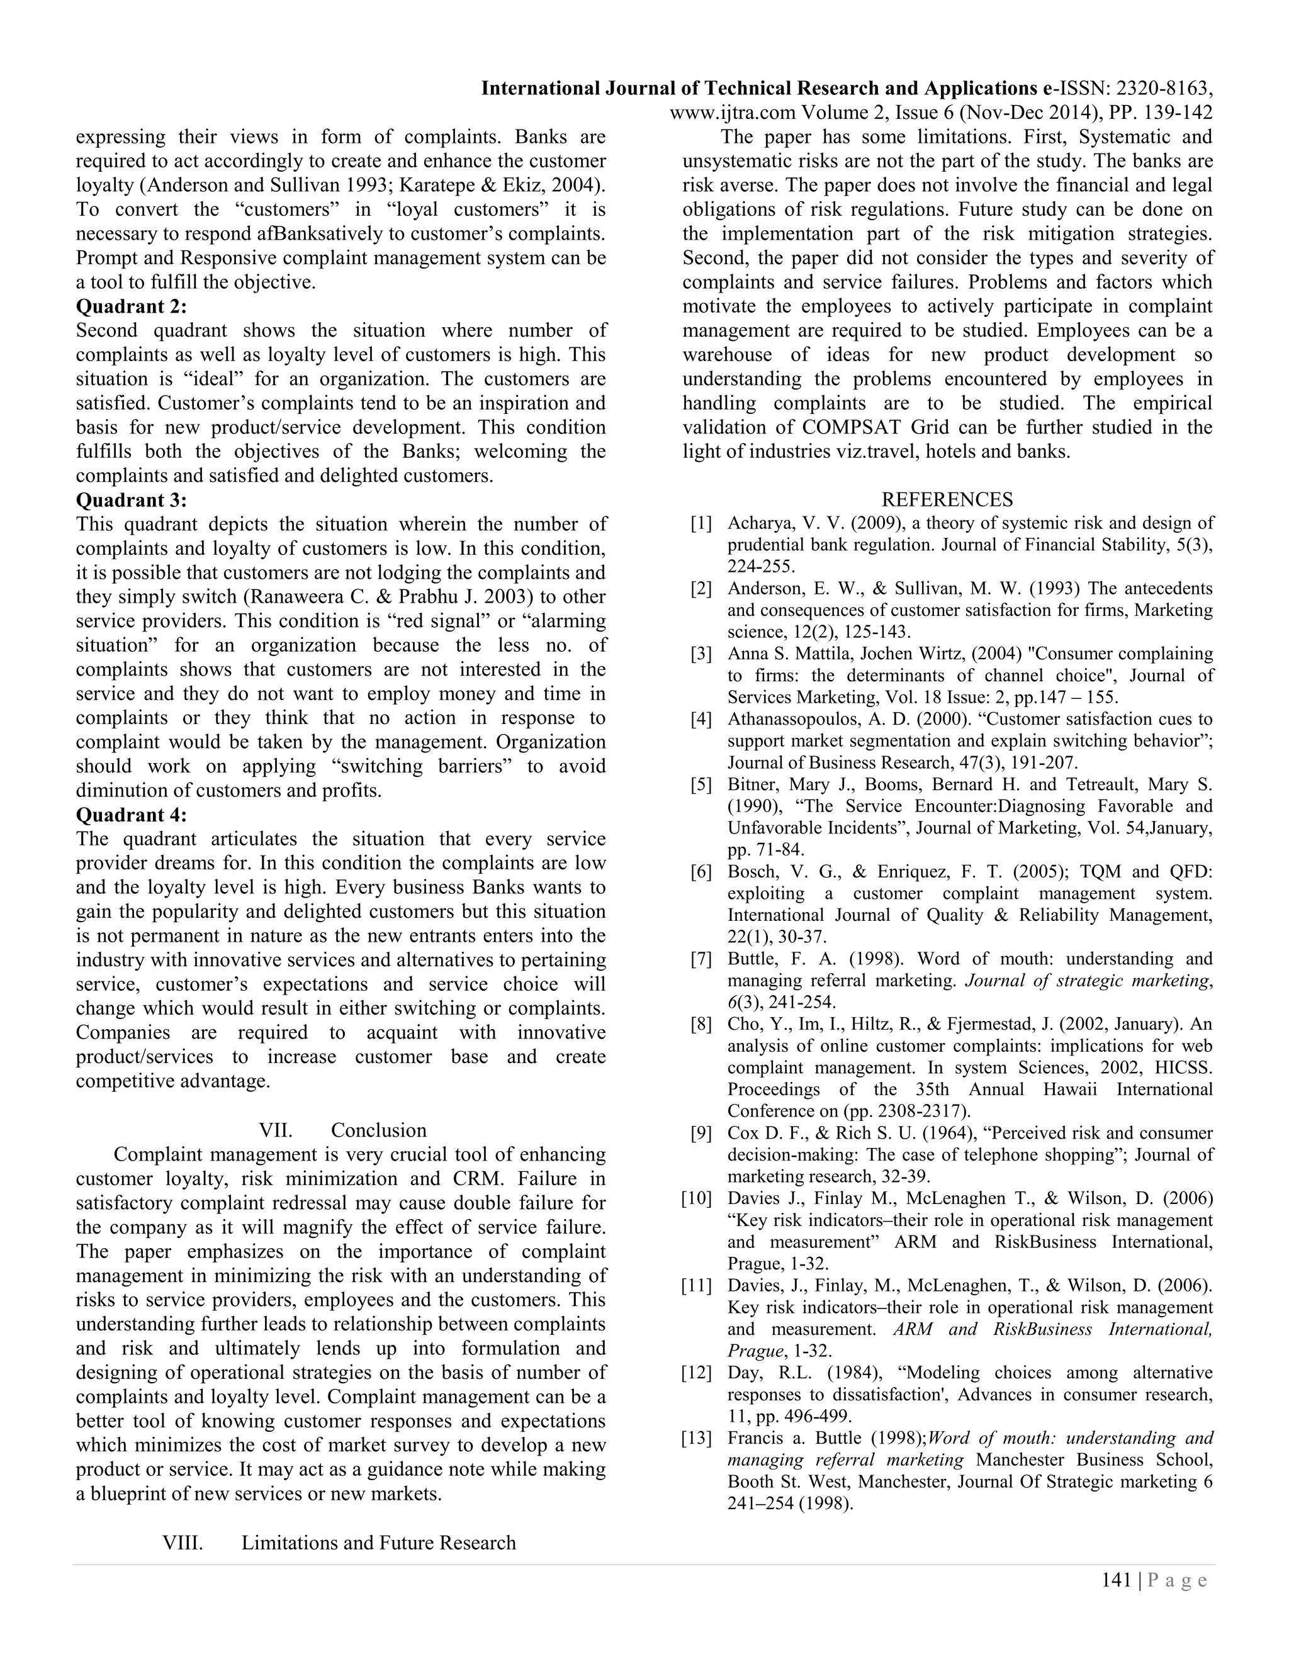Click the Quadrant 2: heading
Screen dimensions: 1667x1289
coord(132,306)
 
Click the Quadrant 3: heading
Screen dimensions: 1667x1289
coord(132,500)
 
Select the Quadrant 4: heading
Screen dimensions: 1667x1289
coord(132,815)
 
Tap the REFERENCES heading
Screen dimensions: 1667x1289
coord(947,499)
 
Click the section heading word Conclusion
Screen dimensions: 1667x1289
coord(379,1130)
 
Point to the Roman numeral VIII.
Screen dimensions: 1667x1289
coord(183,1542)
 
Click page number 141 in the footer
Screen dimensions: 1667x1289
coord(1116,1580)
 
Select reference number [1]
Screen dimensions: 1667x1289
coord(701,523)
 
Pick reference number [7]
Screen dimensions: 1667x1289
coord(701,959)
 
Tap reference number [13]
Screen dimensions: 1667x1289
coord(697,1438)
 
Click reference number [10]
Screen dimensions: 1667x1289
coord(697,1198)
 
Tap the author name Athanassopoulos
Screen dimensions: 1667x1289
coord(794,719)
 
